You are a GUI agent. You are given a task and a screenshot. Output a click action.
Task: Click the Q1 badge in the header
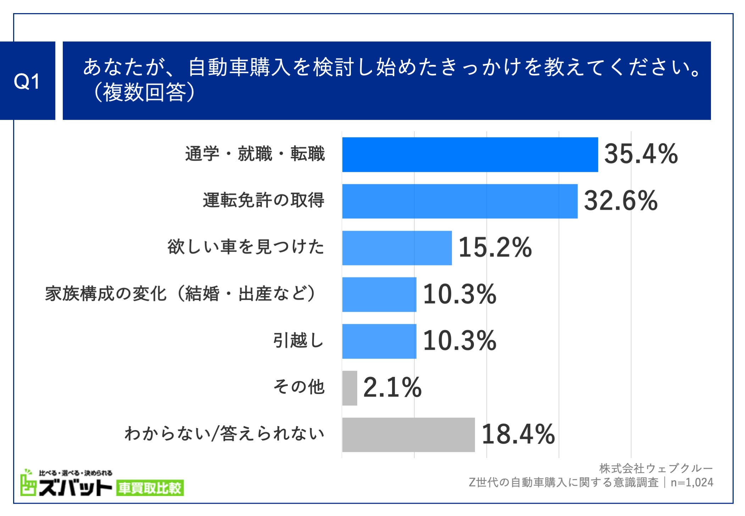pyautogui.click(x=27, y=81)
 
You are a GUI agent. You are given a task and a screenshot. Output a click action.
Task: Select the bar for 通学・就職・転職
pyautogui.click(x=470, y=155)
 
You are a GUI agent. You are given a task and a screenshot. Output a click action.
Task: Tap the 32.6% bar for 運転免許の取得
pyautogui.click(x=459, y=201)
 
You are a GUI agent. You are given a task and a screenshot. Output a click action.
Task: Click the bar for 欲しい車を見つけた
pyautogui.click(x=397, y=248)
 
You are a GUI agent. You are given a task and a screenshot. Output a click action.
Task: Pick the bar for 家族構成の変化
pyautogui.click(x=379, y=295)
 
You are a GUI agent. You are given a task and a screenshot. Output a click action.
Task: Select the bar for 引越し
pyautogui.click(x=379, y=341)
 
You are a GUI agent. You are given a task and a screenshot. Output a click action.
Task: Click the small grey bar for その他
pyautogui.click(x=349, y=388)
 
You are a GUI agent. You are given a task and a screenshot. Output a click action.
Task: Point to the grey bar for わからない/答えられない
pyautogui.click(x=408, y=435)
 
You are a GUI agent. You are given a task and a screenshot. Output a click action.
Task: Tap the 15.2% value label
pyautogui.click(x=495, y=247)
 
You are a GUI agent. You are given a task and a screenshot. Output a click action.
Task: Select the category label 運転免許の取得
pyautogui.click(x=263, y=201)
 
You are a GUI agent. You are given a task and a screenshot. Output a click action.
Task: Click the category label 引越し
pyautogui.click(x=298, y=341)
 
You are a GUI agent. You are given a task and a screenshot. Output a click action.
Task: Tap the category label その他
pyautogui.click(x=299, y=387)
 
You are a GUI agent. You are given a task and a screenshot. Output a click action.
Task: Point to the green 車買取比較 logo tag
pyautogui.click(x=150, y=488)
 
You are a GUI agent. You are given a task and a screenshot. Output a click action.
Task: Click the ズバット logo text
pyautogui.click(x=75, y=488)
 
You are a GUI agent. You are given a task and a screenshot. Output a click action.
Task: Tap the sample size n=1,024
pyautogui.click(x=691, y=483)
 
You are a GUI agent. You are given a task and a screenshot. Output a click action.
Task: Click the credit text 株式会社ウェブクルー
pyautogui.click(x=656, y=468)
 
